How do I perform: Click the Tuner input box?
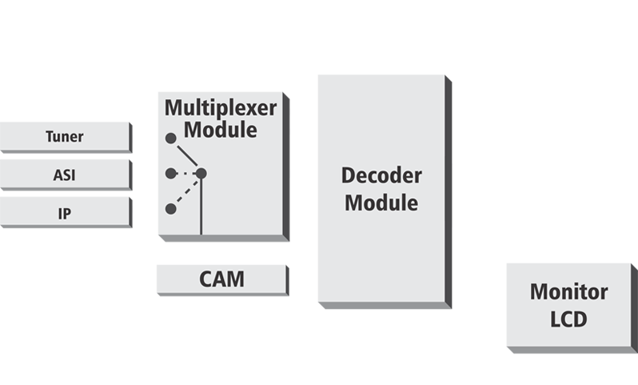coord(64,137)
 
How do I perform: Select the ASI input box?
coord(64,173)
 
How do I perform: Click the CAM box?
coord(221,280)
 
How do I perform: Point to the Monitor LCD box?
coord(568,305)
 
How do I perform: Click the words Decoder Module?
coord(381,189)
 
